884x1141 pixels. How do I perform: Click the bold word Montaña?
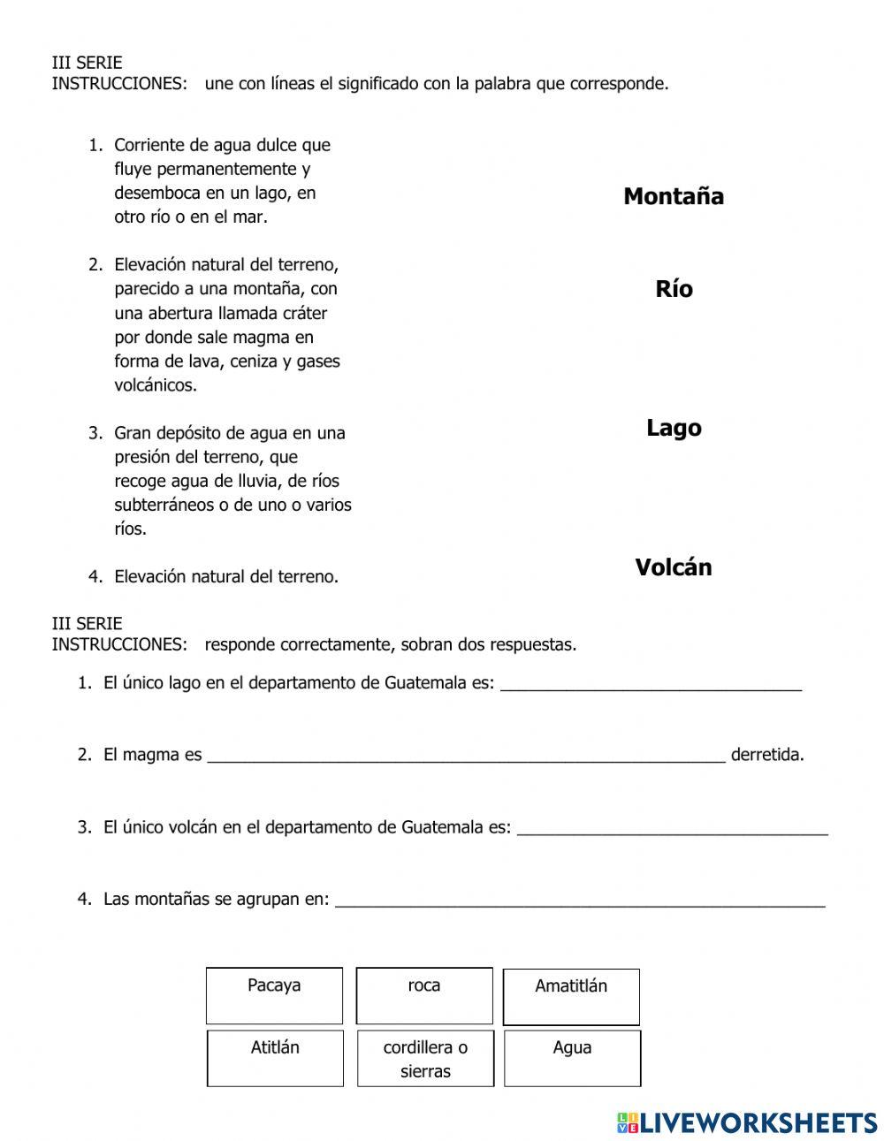[673, 196]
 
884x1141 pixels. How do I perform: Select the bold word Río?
[674, 289]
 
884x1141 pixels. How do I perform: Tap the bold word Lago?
[674, 428]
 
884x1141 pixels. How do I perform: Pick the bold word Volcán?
[673, 567]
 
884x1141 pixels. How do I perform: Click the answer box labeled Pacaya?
[274, 995]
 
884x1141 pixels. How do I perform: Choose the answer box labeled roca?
[424, 995]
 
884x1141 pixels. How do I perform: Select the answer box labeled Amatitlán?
[571, 996]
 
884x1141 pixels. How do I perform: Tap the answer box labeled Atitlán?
[275, 1058]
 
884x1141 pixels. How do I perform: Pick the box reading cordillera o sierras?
[425, 1058]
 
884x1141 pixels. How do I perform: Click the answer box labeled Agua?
[572, 1058]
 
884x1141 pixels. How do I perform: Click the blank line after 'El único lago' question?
[651, 684]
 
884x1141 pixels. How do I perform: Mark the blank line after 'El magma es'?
[466, 756]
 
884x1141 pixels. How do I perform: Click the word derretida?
[767, 755]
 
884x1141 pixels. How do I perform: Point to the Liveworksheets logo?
[746, 1122]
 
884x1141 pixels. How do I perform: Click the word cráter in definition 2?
[303, 313]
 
